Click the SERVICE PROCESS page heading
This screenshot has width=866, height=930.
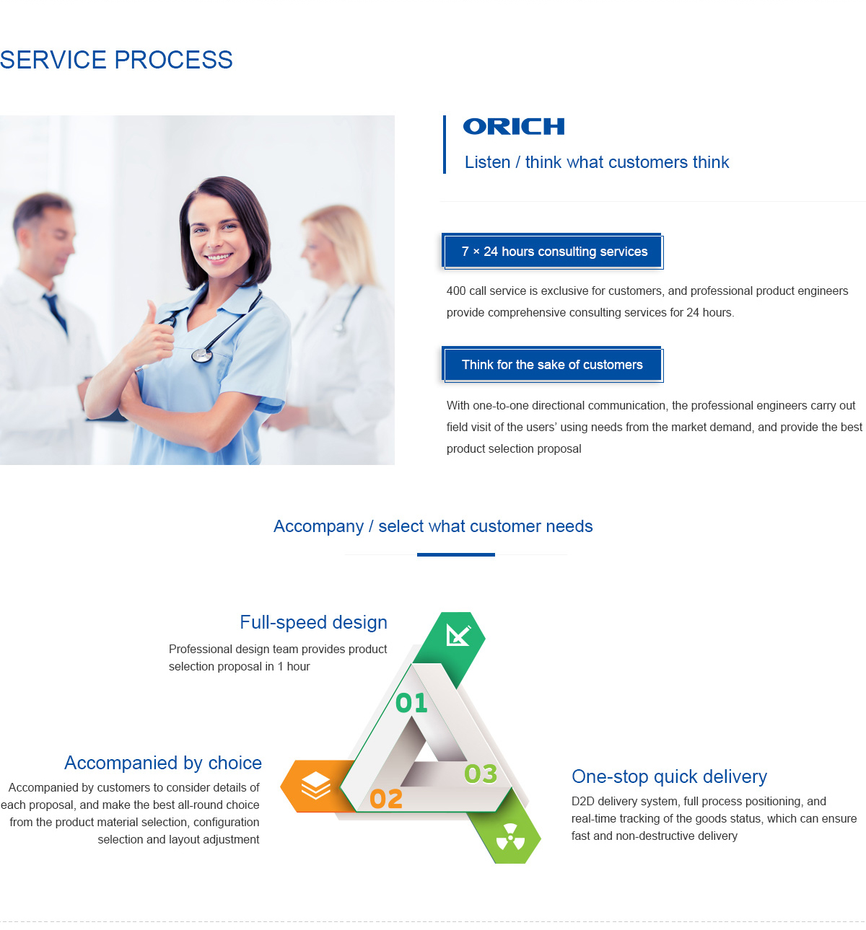click(116, 60)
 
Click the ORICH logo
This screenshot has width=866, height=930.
click(513, 126)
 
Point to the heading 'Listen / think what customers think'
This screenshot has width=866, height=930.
click(596, 162)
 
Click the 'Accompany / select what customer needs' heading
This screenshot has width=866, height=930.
click(433, 526)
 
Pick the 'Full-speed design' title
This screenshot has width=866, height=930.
click(313, 622)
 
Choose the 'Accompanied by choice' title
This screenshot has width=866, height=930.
click(162, 763)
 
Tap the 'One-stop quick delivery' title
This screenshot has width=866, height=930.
click(669, 776)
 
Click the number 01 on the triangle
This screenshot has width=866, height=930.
click(411, 703)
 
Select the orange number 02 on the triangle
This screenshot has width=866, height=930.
click(386, 799)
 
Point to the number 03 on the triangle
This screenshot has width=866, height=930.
click(481, 774)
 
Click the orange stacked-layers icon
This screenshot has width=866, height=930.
click(315, 785)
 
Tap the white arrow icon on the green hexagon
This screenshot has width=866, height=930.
click(458, 635)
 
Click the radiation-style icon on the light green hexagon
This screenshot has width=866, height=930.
click(511, 837)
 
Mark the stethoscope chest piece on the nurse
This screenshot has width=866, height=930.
click(202, 356)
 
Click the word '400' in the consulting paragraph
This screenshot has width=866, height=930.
click(456, 291)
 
